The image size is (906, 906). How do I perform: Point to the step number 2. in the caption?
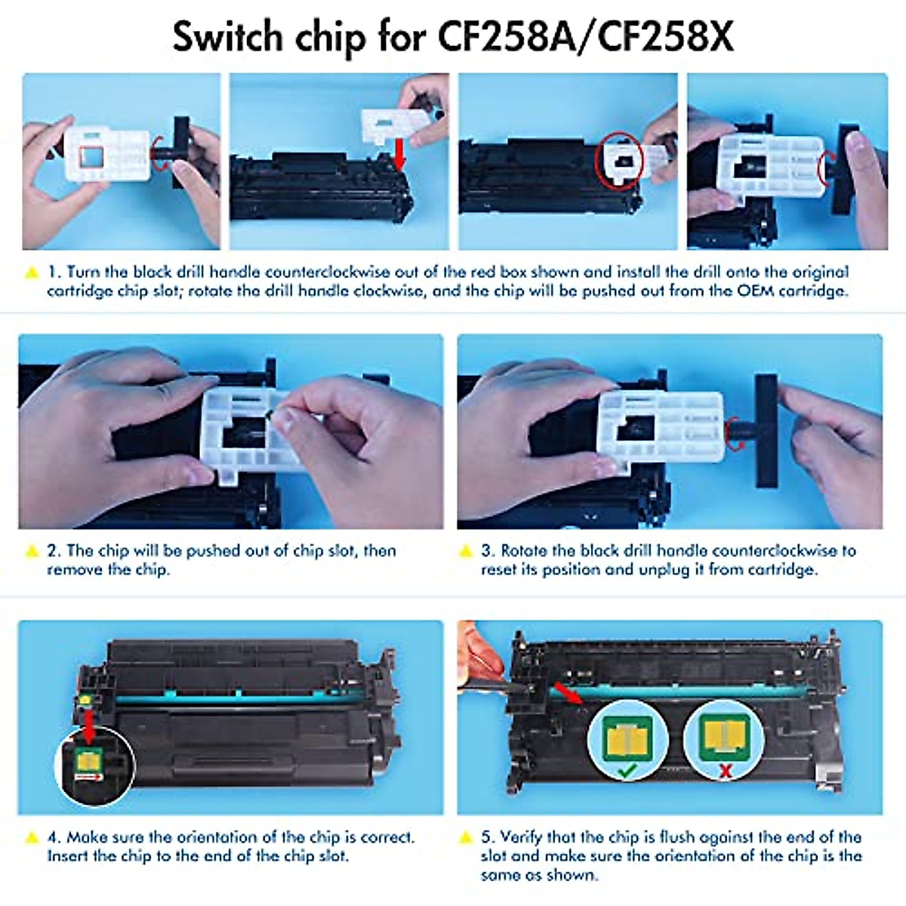pyautogui.click(x=54, y=550)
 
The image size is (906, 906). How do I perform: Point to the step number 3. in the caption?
pyautogui.click(x=488, y=550)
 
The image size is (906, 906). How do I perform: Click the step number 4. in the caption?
pyautogui.click(x=54, y=837)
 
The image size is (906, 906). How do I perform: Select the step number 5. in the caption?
pyautogui.click(x=488, y=837)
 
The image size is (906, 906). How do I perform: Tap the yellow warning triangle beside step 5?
pyautogui.click(x=466, y=837)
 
